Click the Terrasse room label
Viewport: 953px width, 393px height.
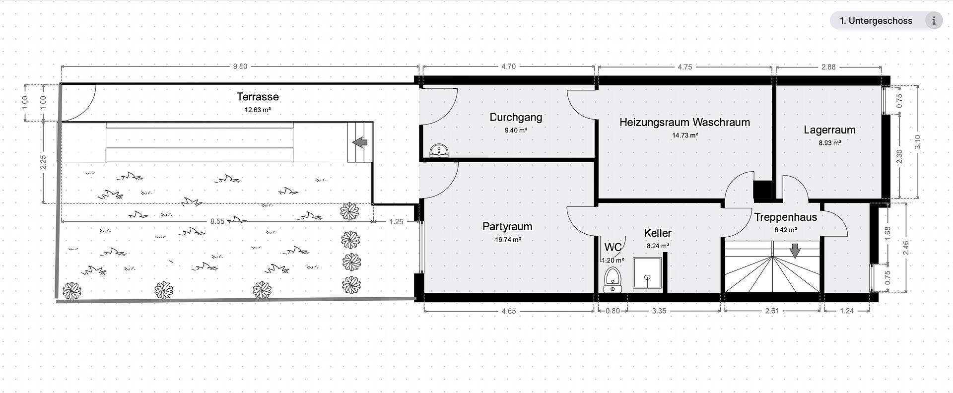coord(258,97)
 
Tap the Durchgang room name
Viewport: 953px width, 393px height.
coord(516,118)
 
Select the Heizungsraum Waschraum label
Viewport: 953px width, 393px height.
coord(684,122)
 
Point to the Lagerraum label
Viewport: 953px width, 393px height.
coord(829,130)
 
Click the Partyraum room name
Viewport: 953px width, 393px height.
coord(507,227)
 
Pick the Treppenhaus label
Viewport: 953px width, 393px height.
coord(786,217)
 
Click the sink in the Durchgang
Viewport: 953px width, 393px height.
coord(439,151)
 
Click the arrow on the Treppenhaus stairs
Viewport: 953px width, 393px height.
coord(795,251)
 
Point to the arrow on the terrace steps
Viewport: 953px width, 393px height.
coord(360,143)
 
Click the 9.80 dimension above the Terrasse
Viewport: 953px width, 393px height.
coord(240,66)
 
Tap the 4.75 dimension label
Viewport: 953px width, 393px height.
coord(684,66)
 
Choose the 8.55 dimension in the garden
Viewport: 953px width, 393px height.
coord(217,221)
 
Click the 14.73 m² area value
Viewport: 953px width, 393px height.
coord(685,135)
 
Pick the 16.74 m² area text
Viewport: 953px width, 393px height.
coord(507,240)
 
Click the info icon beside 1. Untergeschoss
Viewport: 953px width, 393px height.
coord(934,21)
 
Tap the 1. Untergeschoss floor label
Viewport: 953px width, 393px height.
coord(876,21)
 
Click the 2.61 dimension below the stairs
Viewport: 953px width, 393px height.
coord(772,311)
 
